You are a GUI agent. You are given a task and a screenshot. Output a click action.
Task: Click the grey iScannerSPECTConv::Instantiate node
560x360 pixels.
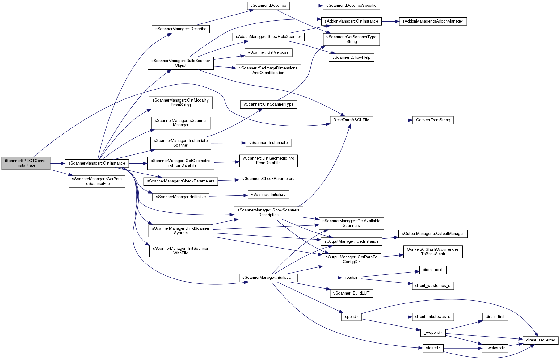click(x=26, y=163)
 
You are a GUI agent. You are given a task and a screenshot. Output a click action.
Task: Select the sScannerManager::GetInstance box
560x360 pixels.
click(x=97, y=163)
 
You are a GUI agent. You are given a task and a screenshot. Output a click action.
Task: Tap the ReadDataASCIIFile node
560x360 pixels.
click(x=351, y=120)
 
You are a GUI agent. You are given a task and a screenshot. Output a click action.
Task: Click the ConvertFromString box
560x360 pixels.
click(x=433, y=120)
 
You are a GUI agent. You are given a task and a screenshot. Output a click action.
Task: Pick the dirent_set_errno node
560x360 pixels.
click(x=541, y=340)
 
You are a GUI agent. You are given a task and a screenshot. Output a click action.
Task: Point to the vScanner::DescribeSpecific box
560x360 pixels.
click(x=351, y=6)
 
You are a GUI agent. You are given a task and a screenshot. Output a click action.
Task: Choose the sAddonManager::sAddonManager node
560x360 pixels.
click(x=433, y=21)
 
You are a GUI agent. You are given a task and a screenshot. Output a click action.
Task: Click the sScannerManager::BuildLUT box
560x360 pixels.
click(x=268, y=278)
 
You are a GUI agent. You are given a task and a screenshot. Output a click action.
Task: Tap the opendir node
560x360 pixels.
click(x=352, y=317)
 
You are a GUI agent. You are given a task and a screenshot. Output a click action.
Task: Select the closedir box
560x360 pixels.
click(x=433, y=348)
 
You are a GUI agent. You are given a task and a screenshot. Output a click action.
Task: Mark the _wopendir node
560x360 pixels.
click(x=433, y=333)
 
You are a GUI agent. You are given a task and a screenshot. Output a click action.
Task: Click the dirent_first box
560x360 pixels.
click(x=495, y=317)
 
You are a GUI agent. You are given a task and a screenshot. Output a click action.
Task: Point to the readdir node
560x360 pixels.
click(x=352, y=278)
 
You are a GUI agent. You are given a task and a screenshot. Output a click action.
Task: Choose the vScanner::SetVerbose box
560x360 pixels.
click(x=268, y=52)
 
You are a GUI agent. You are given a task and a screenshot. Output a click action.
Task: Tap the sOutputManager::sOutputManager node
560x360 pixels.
click(x=433, y=234)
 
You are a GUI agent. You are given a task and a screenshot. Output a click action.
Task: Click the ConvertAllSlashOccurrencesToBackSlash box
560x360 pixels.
click(x=433, y=252)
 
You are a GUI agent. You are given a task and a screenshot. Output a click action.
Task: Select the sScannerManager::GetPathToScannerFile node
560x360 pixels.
click(x=97, y=181)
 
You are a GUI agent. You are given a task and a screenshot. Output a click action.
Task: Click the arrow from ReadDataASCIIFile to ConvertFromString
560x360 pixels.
click(x=393, y=120)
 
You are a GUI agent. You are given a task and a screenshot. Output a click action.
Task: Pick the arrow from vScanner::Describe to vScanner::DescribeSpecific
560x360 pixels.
click(x=306, y=6)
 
